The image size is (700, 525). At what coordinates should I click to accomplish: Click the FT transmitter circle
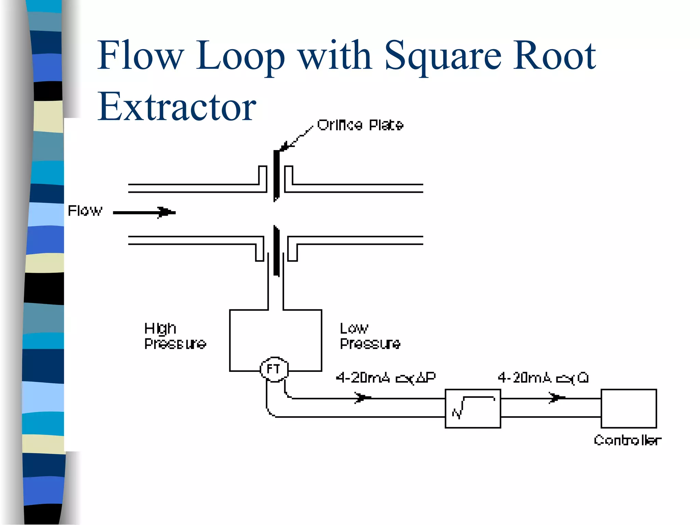pos(274,369)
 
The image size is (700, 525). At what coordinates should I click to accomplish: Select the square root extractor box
pos(473,408)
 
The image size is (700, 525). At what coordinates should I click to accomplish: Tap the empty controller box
pos(629,408)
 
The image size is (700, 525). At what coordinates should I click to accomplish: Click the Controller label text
pos(627,440)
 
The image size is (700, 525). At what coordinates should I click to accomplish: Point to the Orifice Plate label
pos(360,125)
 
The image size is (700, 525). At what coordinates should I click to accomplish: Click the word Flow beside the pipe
pos(85,211)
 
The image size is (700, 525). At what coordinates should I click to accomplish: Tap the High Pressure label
pos(175,336)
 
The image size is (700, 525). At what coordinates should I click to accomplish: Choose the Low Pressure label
pos(370,336)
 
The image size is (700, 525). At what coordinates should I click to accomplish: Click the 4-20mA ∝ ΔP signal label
pos(386,378)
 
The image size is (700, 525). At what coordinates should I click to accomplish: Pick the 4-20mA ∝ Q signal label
pos(543,378)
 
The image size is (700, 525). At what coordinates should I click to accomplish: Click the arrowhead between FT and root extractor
pos(363,398)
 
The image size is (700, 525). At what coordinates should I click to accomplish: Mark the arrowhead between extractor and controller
pos(556,398)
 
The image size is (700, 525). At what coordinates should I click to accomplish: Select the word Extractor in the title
pos(177,107)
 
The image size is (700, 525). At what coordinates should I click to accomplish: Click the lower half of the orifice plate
pos(276,251)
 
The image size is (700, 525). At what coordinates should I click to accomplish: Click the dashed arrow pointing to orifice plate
pos(297,138)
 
